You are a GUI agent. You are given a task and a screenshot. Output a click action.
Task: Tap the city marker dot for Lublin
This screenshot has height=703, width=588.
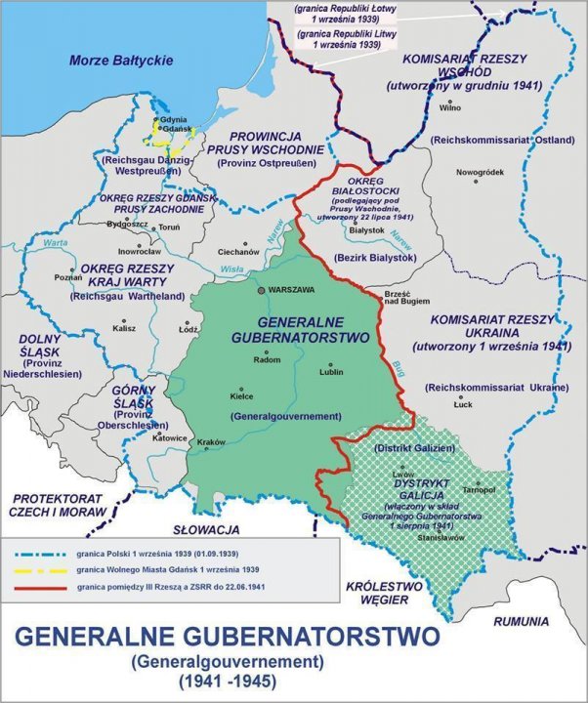tap(327, 367)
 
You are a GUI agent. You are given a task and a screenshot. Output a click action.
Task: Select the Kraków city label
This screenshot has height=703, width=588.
tap(212, 442)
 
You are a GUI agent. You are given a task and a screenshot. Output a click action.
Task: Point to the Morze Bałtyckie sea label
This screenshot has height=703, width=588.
tap(121, 61)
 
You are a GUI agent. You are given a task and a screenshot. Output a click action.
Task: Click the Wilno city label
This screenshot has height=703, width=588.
tap(449, 108)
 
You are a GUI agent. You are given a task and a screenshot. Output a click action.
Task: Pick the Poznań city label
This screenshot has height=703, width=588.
tap(69, 276)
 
